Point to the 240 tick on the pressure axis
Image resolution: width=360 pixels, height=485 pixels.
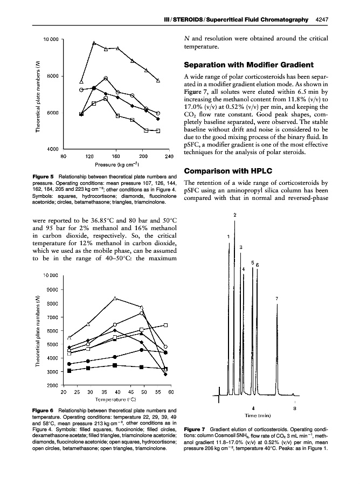coord(168,156)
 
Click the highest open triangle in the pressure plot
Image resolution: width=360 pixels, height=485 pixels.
coord(94,43)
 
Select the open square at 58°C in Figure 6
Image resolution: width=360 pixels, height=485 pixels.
coord(165,325)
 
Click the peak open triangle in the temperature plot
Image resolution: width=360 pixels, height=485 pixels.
coord(115,298)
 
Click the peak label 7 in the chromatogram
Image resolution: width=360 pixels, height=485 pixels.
coord(276,298)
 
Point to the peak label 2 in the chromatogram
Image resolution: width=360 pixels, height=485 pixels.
coord(234,216)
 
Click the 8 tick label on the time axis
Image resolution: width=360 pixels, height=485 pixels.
coord(294,408)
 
